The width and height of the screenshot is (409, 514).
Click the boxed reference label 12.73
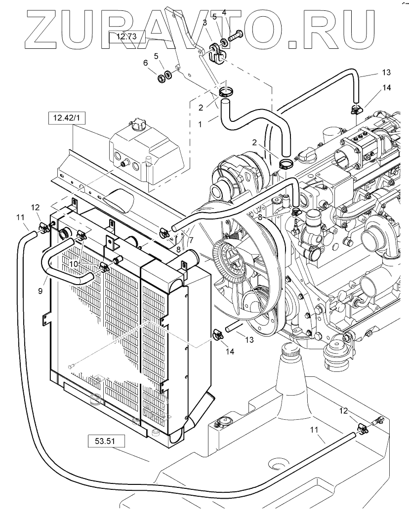coord(127,37)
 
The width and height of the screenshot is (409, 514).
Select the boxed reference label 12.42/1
coord(67,118)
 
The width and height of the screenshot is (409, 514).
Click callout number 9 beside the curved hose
coord(40,291)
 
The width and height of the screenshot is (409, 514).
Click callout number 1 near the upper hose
coord(200,124)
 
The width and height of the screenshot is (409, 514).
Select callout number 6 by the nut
coord(145,63)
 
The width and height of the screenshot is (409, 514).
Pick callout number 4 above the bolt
coord(224,13)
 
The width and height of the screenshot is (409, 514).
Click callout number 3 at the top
coord(205,23)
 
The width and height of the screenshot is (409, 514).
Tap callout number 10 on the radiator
coord(74,263)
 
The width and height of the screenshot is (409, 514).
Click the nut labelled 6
coord(161,78)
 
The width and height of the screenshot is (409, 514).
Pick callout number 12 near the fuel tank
coord(343,411)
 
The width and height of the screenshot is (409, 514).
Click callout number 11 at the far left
coord(20,217)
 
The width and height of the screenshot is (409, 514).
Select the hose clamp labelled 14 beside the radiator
coord(218,334)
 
